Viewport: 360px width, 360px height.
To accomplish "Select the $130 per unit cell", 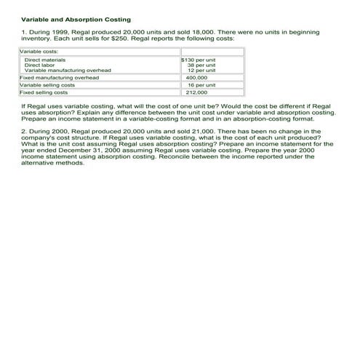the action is coord(198,60).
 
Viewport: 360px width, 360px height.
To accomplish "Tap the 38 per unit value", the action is coord(201,65).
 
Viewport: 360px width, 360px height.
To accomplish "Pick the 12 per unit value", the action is coord(201,71).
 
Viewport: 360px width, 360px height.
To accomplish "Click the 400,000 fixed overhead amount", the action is coord(196,77).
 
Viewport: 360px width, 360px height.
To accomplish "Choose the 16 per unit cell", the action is coord(201,85).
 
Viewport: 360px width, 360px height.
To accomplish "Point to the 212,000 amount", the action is coord(196,93).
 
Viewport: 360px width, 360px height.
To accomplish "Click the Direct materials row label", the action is coord(45,60).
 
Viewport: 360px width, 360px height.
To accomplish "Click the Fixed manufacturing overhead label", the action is coord(59,77).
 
